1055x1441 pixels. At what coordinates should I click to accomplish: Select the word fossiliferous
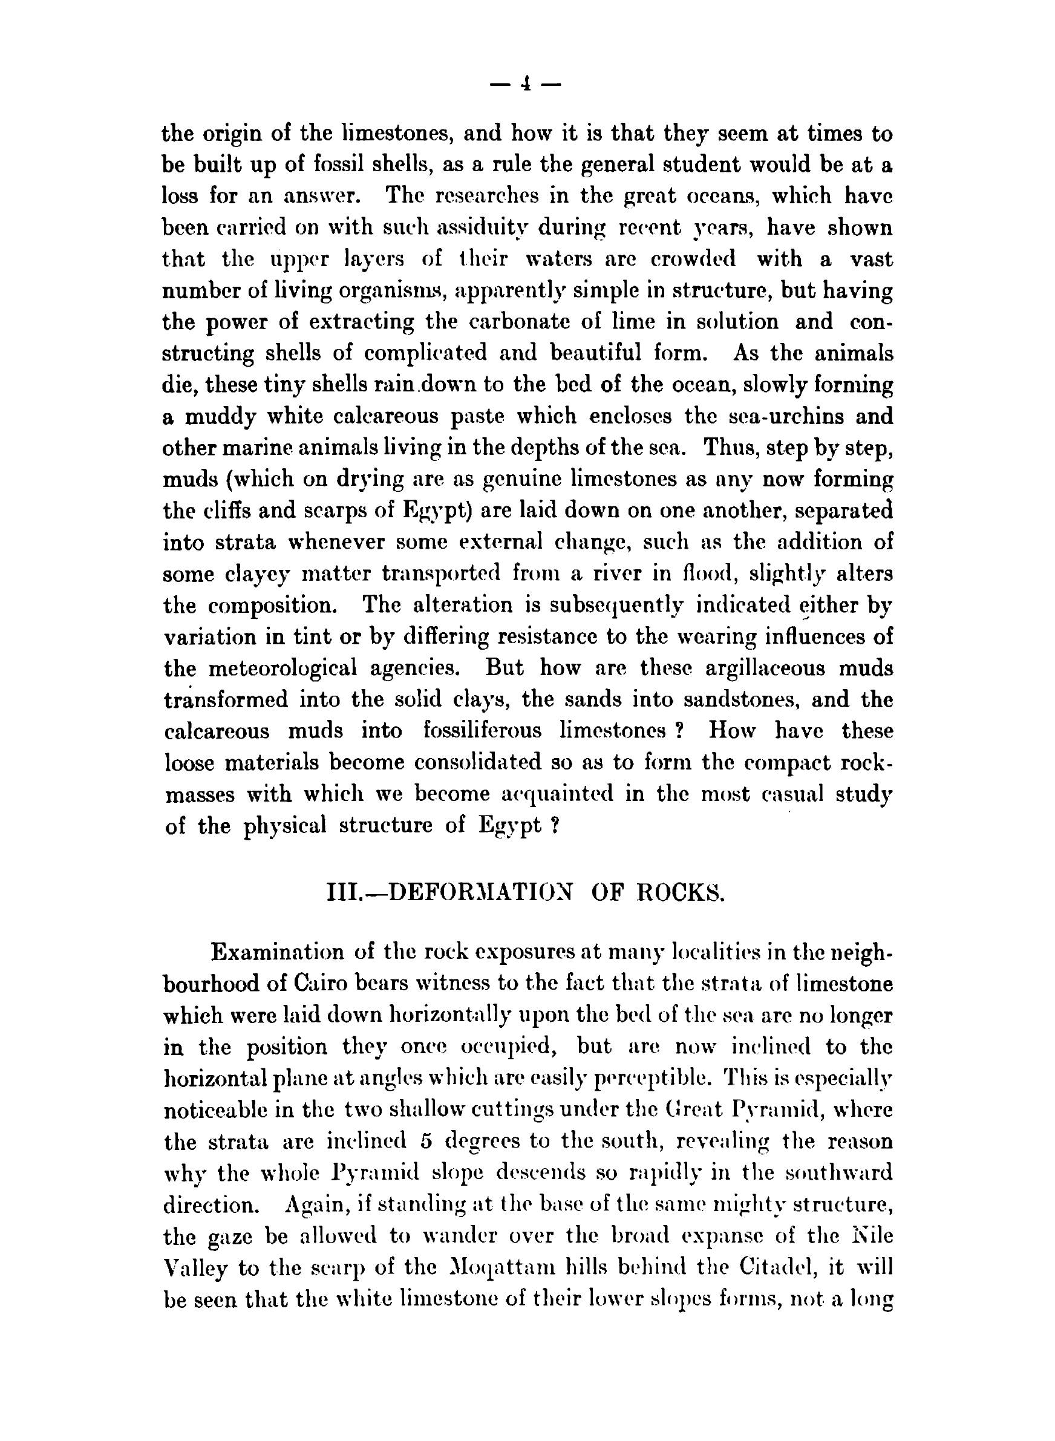click(x=482, y=731)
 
